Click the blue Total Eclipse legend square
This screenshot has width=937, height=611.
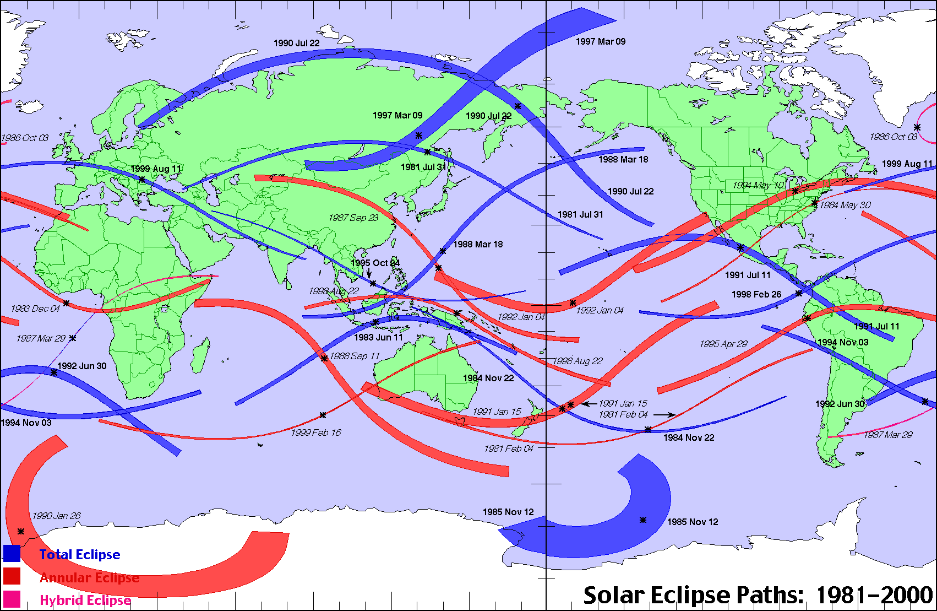pos(12,553)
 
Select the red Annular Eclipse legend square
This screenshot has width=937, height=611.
pos(12,576)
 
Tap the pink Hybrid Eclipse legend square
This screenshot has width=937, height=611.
pos(12,599)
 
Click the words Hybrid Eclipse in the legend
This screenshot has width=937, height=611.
pos(85,600)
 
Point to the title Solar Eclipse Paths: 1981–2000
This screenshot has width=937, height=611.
pos(758,595)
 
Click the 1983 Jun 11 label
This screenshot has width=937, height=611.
pos(378,337)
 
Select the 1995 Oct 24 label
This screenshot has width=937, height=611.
pos(375,263)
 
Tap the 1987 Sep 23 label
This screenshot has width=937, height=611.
pos(353,218)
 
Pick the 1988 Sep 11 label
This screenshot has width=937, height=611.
pos(355,356)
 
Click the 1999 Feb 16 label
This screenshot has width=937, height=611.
pos(316,432)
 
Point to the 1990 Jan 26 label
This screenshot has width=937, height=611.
pos(56,516)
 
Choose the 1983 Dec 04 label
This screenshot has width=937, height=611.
pos(35,309)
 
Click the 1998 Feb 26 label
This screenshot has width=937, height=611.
pos(756,294)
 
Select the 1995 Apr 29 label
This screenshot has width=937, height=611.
pos(723,344)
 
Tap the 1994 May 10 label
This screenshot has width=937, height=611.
pos(758,185)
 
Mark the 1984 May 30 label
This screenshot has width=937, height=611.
pos(845,205)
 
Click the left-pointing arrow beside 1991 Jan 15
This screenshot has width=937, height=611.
pos(589,404)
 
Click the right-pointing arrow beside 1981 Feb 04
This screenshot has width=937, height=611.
pos(664,414)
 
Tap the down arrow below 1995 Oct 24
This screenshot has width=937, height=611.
pos(369,273)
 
